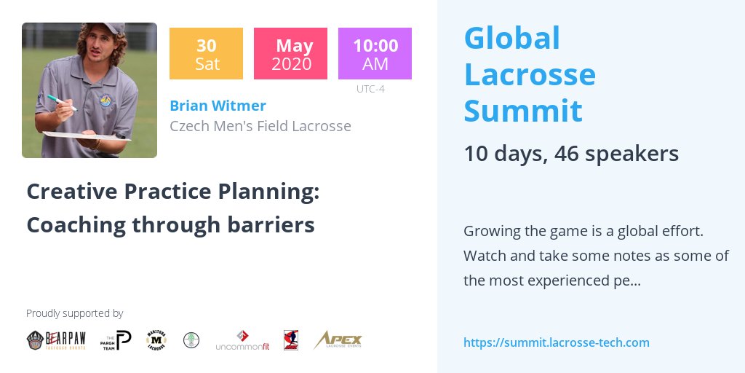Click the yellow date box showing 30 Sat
[207, 53]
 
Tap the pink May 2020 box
[290, 53]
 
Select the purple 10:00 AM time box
[375, 53]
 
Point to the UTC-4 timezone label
[370, 90]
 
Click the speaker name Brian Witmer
[218, 106]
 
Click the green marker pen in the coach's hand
[61, 102]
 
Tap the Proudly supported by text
[74, 313]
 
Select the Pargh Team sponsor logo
[116, 340]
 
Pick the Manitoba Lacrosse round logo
[156, 340]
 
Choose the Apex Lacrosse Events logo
[338, 340]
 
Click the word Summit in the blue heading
[522, 110]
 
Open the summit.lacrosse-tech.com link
[556, 342]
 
